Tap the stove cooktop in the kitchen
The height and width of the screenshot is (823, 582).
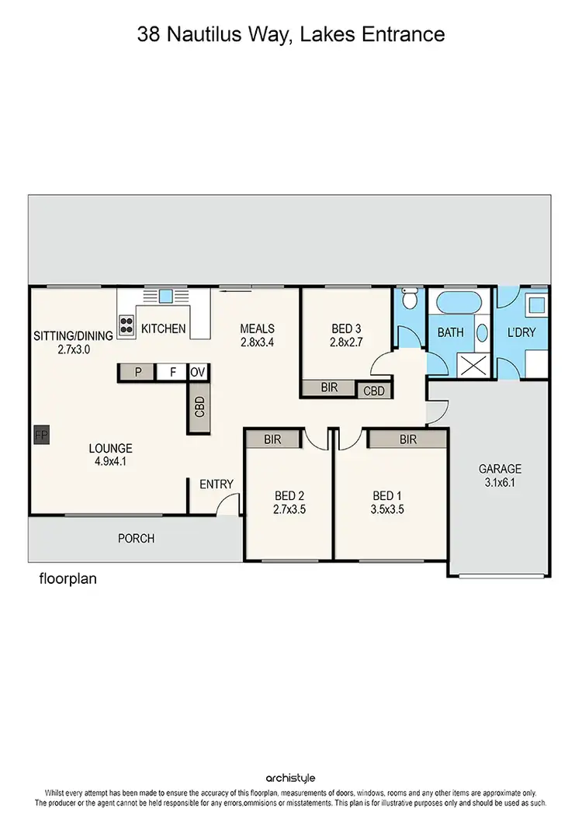click(x=126, y=323)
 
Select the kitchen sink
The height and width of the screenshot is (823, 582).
click(x=165, y=296)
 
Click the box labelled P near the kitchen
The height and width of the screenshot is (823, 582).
click(x=138, y=373)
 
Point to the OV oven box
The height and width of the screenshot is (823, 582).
click(x=198, y=373)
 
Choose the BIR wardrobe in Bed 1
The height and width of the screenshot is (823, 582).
click(x=407, y=439)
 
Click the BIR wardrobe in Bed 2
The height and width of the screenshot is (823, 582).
click(x=272, y=439)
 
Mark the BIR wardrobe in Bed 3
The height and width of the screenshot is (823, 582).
click(x=329, y=387)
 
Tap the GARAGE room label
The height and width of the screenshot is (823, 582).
click(x=500, y=469)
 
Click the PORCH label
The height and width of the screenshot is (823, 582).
click(x=136, y=538)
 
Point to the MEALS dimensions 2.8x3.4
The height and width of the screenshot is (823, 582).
click(x=257, y=342)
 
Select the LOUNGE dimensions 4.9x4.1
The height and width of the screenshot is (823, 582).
click(x=110, y=462)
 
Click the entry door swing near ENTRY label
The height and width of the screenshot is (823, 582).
click(x=227, y=505)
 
